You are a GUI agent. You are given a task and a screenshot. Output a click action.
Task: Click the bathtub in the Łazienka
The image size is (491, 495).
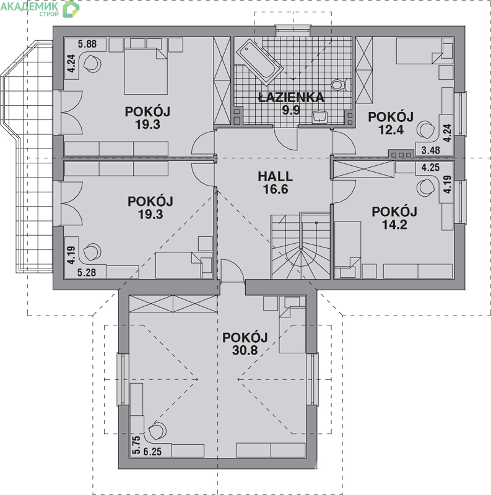tap(259, 62)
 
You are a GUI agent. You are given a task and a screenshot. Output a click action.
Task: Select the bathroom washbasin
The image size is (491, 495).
tap(319, 117)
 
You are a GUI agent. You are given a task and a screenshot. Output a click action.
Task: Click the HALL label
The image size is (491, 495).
tap(275, 176)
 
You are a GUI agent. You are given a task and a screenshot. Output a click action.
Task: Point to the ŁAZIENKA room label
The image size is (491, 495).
tap(291, 97)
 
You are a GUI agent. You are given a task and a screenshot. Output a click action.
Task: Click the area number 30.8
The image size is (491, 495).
tap(245, 350)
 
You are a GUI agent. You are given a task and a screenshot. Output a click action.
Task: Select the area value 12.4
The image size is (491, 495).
tap(391, 130)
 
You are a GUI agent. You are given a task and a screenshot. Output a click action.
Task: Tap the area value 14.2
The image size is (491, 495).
tap(394, 225)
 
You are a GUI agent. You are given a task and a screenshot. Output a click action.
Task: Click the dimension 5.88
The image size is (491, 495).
tap(87, 44)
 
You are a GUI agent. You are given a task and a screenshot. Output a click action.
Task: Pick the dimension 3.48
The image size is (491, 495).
tap(431, 150)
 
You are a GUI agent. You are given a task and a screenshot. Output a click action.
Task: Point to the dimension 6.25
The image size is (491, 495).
tap(152, 452)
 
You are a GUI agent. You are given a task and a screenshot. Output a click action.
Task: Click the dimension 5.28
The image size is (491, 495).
tap(87, 272)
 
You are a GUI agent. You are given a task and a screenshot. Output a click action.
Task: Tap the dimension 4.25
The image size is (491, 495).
tap(430, 167)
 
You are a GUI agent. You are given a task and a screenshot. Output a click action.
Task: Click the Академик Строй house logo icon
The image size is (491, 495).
tap(71, 9)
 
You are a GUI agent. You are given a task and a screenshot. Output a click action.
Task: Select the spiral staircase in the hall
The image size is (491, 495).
tap(300, 246)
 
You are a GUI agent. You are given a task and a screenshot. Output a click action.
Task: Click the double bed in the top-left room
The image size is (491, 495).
tap(146, 71)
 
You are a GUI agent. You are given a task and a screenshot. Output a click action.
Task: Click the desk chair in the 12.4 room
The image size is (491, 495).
tap(425, 129)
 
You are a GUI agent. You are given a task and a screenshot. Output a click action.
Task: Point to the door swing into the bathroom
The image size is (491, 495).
tap(285, 139)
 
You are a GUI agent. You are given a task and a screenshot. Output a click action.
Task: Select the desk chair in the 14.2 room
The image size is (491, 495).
tap(425, 187)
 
